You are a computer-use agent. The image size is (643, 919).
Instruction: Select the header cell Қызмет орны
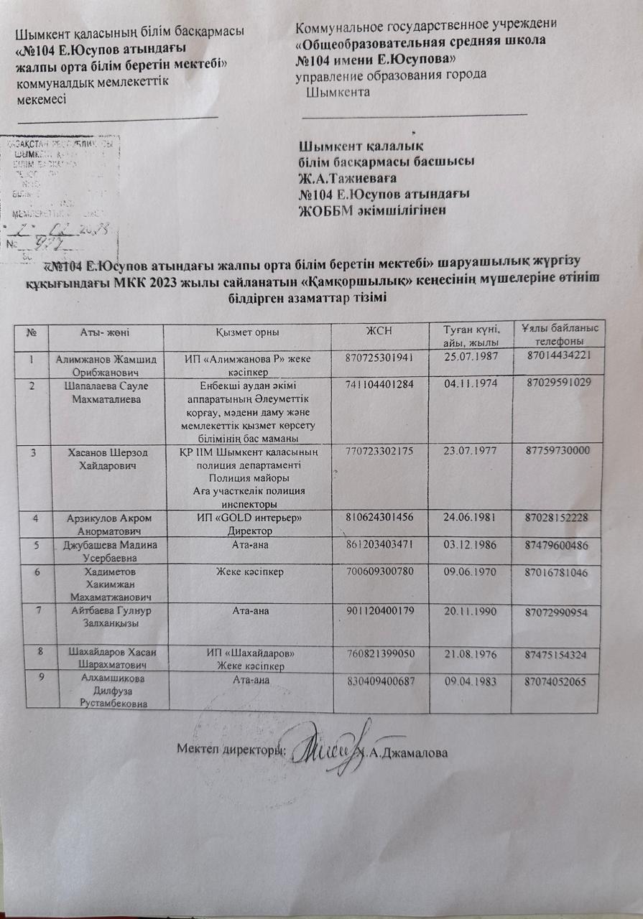(248, 332)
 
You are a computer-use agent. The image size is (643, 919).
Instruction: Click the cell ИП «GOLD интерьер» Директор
(248, 525)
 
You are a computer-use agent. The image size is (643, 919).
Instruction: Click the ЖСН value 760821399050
(381, 656)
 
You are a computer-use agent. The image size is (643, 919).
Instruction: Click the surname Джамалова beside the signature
(408, 754)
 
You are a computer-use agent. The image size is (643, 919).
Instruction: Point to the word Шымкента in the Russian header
(338, 92)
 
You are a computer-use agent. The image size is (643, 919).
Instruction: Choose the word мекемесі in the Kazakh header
(41, 99)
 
